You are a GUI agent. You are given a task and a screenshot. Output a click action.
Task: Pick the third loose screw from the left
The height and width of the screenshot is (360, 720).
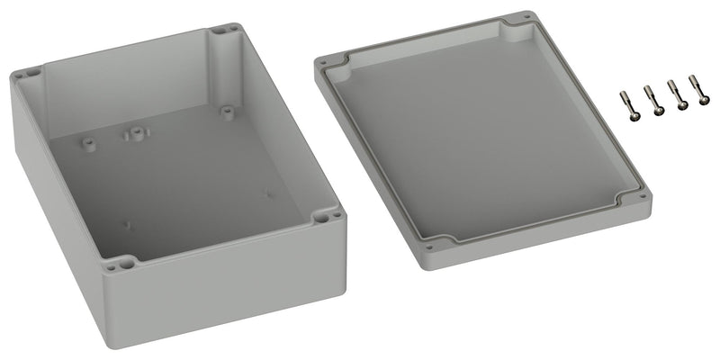point(677,95)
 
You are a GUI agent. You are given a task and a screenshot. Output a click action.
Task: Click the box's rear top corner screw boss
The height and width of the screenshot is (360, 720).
point(222,31)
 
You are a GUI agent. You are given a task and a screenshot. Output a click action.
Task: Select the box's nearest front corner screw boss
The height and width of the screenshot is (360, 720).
point(118,264)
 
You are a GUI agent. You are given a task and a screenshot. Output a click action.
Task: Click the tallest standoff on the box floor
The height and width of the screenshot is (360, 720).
point(136,134)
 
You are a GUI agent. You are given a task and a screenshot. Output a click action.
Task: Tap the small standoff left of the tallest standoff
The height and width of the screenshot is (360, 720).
point(88,142)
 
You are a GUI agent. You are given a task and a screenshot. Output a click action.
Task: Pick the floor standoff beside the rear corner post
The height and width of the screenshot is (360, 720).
point(226,112)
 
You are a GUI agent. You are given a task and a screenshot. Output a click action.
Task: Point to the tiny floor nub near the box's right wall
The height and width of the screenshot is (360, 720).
point(267,191)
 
